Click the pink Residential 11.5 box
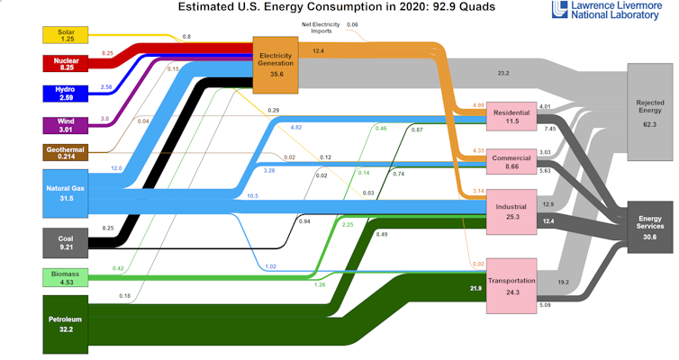(512, 116)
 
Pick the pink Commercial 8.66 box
(512, 163)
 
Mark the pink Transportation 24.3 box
(512, 285)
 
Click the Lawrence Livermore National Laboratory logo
(611, 11)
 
